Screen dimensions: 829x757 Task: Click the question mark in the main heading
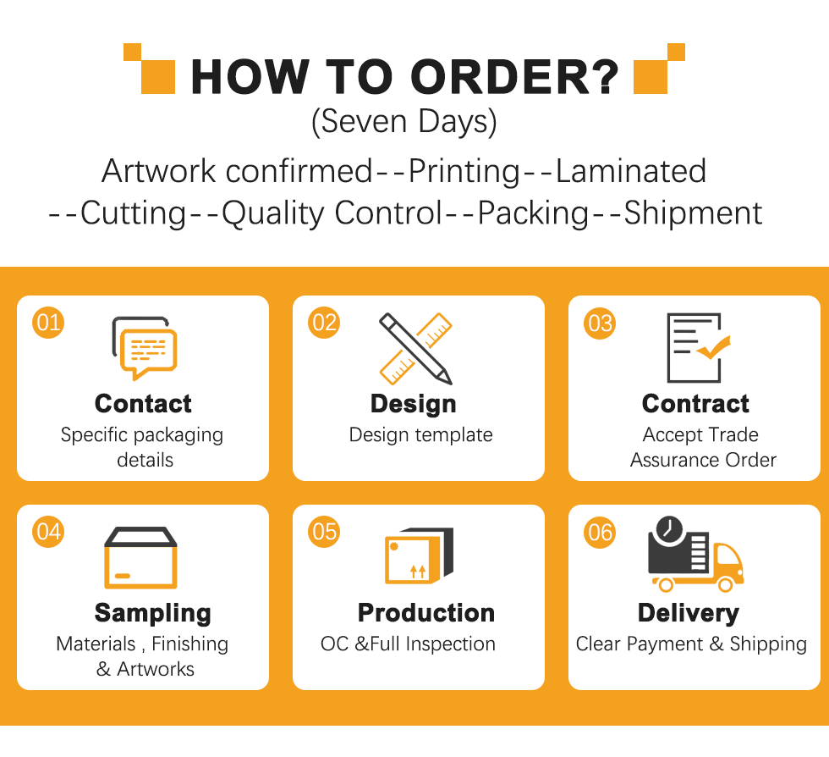click(x=602, y=76)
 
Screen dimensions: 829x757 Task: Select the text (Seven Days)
click(x=404, y=122)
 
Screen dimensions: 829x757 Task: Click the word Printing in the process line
click(x=464, y=172)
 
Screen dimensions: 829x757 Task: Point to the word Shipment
click(x=693, y=213)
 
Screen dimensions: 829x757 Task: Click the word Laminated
click(x=631, y=171)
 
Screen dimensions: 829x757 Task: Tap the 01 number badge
click(x=48, y=323)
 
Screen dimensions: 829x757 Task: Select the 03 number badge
click(x=600, y=323)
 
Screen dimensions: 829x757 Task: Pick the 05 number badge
click(x=323, y=532)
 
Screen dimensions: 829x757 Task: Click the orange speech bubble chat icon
click(x=149, y=352)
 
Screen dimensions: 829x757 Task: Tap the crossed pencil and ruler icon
click(x=415, y=349)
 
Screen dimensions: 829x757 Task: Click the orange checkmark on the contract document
click(x=713, y=347)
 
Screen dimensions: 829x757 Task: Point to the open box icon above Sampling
click(x=140, y=557)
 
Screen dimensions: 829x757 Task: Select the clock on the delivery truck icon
click(x=669, y=528)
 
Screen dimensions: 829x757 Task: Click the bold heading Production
click(x=426, y=612)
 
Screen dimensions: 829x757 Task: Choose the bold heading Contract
click(x=695, y=403)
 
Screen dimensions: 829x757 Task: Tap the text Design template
click(x=421, y=434)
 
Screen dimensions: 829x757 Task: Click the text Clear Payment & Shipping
click(x=691, y=644)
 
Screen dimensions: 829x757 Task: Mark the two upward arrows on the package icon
click(x=418, y=572)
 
